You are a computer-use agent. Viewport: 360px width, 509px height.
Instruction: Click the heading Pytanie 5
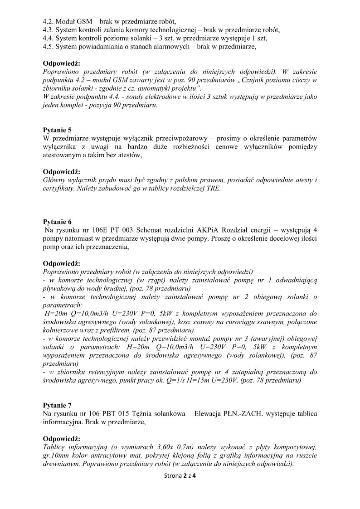point(57,130)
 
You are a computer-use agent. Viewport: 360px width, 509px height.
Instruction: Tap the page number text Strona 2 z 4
point(180,476)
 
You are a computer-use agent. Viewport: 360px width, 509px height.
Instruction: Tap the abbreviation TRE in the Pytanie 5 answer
point(214,189)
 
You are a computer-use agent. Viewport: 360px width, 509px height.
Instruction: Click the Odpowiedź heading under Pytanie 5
point(61,172)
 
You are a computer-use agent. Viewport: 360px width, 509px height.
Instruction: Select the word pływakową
point(59,288)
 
